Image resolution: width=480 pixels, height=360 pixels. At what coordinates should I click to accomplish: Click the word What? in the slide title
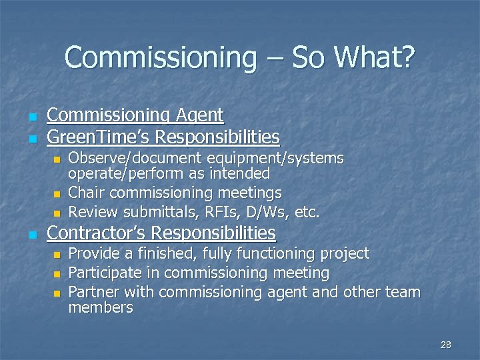coord(375,57)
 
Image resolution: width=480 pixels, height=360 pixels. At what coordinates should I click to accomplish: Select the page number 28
coord(446,345)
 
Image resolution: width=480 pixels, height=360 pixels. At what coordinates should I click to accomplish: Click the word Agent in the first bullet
coord(199,115)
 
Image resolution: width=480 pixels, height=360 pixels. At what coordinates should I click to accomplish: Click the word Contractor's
coord(97,233)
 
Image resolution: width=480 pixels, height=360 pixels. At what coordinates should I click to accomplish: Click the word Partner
coord(94,292)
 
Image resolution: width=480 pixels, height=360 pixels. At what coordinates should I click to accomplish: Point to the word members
coord(101,307)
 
